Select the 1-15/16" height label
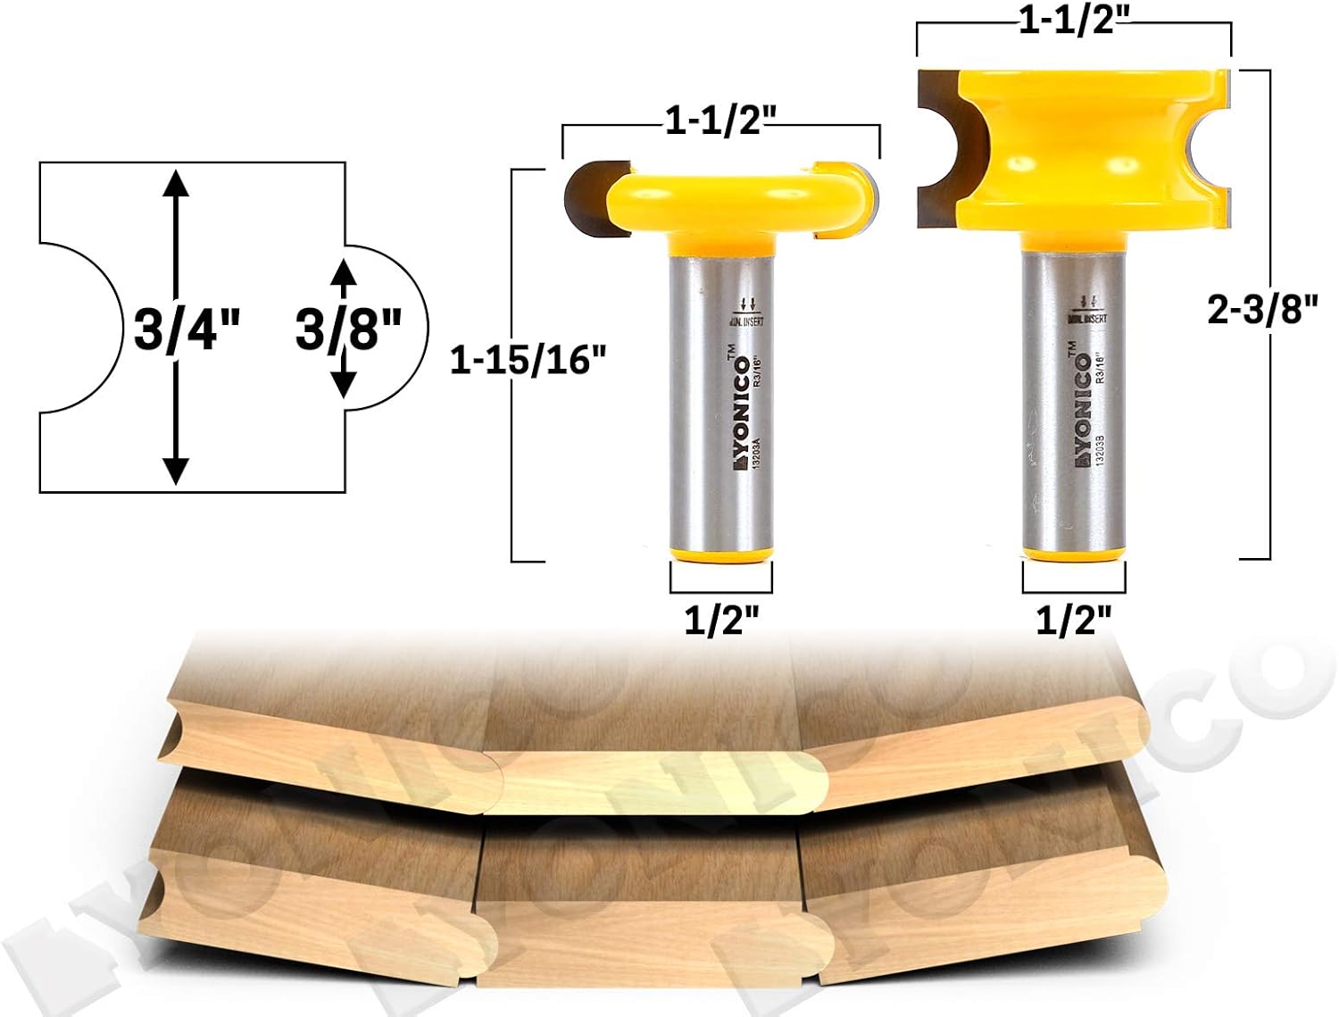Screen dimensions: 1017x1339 tap(528, 360)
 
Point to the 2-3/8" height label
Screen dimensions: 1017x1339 tap(1262, 310)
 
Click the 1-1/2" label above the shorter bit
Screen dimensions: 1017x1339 tap(720, 121)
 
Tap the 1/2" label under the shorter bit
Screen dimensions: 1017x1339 tap(720, 619)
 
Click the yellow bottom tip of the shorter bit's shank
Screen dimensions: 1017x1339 tap(721, 555)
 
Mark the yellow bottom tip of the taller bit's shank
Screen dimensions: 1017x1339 tap(1073, 554)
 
